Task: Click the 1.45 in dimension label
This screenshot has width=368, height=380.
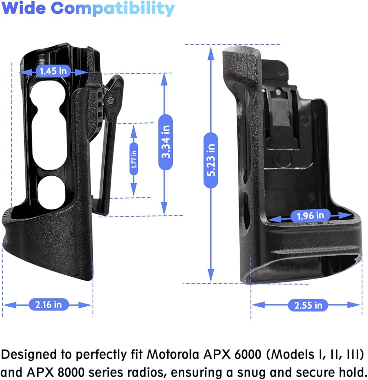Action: (x=53, y=71)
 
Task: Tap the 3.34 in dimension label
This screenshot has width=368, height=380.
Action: (x=166, y=142)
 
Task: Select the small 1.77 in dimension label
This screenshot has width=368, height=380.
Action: (x=134, y=159)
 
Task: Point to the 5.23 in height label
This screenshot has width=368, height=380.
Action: (x=211, y=160)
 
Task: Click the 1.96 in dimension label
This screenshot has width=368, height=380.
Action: (x=310, y=215)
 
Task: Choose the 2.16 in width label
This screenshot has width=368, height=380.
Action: (x=49, y=305)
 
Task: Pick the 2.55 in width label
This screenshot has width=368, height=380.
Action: (x=308, y=305)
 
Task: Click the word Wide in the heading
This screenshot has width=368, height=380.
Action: (x=24, y=8)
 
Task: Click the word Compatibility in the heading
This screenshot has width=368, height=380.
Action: (x=113, y=9)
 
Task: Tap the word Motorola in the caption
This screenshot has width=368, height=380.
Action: (x=173, y=354)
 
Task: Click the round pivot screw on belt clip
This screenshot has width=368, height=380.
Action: (x=111, y=100)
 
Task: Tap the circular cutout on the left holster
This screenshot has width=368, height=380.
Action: (x=52, y=192)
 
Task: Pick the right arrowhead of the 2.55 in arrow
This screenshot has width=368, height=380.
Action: (x=354, y=305)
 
